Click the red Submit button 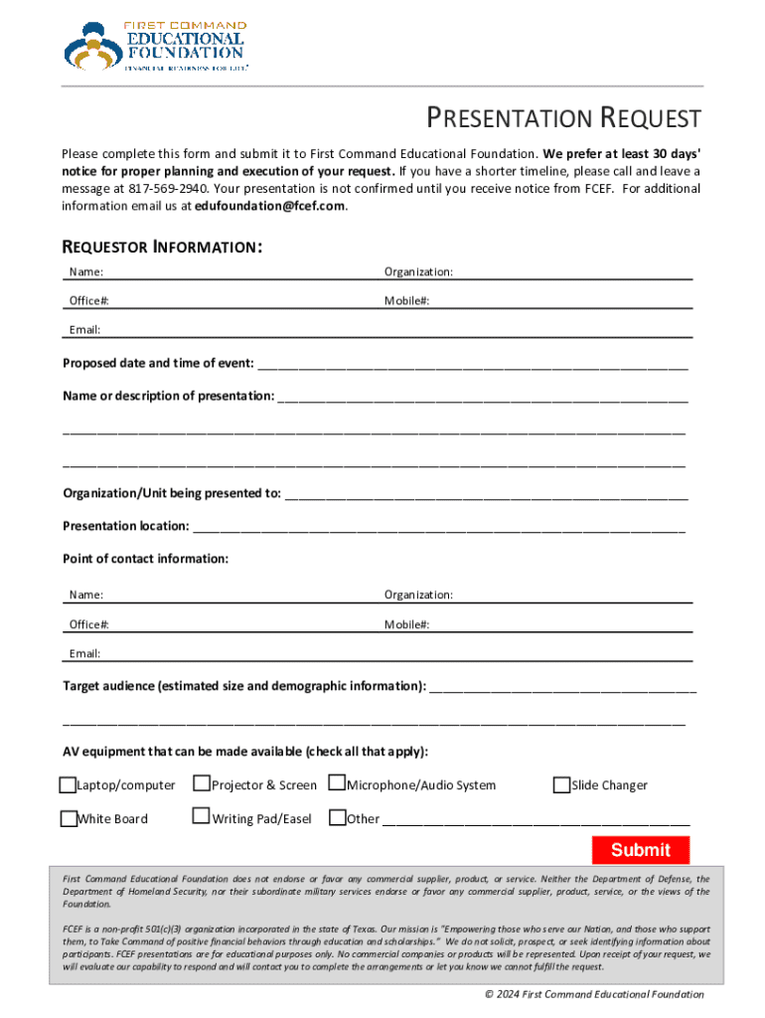point(641,850)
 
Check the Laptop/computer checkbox point(69,785)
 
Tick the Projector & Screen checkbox point(202,784)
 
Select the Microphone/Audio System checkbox point(337,784)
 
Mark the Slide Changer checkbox point(561,785)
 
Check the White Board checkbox point(69,819)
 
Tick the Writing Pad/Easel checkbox point(202,818)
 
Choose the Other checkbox point(337,818)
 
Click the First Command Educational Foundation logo point(155,46)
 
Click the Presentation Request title point(563,119)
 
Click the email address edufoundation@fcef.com point(270,206)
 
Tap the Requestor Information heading point(162,247)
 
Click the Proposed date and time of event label point(158,363)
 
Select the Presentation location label point(126,526)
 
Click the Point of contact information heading point(146,559)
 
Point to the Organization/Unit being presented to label point(172,493)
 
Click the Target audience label point(244,686)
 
